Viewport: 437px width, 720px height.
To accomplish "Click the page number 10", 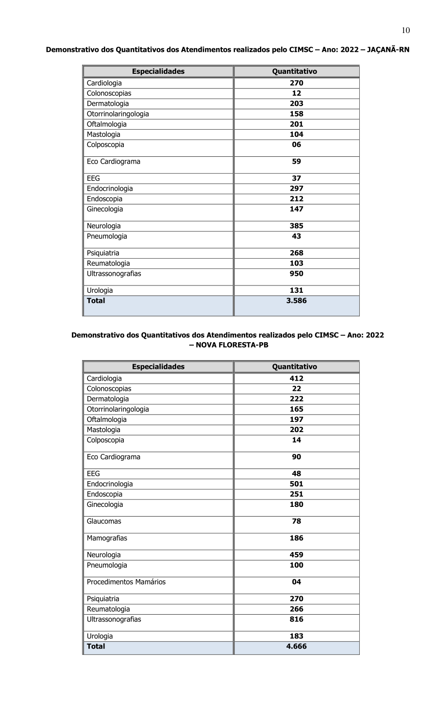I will pos(406,31).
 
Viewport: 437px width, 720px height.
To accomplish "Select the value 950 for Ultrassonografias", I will pos(296,274).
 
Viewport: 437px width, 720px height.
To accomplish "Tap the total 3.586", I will pos(296,301).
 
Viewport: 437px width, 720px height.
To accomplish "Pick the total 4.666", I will pos(296,646).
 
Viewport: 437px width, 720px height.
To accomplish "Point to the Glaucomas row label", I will pos(104,521).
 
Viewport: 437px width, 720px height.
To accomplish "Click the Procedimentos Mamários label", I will pos(126,582).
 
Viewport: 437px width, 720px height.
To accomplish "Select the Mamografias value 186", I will pos(296,538).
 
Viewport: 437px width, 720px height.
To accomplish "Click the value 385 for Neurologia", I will pos(296,226).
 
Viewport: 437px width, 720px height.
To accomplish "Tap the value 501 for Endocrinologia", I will pos(296,484).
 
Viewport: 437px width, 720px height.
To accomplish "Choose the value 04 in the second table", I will pos(296,582).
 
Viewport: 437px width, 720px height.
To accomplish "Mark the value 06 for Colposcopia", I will pos(296,145).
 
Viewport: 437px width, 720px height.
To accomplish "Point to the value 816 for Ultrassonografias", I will pos(296,620).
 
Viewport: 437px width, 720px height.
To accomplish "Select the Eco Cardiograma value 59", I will pos(296,162).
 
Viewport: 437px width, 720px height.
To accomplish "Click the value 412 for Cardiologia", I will pos(296,379).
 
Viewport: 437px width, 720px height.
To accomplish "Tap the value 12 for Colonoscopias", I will pos(296,93).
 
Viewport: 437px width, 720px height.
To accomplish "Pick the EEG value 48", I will pos(296,474).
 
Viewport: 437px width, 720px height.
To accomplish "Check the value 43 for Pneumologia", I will pos(296,236).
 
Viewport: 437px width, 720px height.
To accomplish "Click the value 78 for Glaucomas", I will pos(296,521).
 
